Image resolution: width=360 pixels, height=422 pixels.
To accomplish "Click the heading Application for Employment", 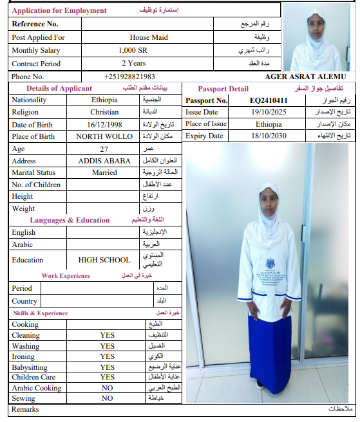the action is click(x=59, y=11).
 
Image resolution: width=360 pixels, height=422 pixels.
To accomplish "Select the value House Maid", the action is click(x=148, y=37).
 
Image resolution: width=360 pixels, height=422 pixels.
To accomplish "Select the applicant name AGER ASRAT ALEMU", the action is click(x=305, y=77).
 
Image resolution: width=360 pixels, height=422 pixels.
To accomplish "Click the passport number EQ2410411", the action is click(x=269, y=100).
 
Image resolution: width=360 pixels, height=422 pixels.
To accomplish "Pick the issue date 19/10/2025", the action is click(x=269, y=112).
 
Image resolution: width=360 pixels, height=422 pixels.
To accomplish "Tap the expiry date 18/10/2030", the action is click(x=269, y=136).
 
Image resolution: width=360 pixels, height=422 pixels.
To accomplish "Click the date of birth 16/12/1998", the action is click(x=104, y=124).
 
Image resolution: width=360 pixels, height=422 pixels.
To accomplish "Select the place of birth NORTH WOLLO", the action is click(x=104, y=136).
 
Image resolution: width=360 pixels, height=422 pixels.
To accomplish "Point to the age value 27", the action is click(x=104, y=149).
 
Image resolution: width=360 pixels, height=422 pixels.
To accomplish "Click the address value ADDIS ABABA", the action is click(x=104, y=161).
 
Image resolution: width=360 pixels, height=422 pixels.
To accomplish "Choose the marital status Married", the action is click(x=104, y=172).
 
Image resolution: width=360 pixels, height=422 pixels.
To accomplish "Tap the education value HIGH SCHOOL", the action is click(x=104, y=260).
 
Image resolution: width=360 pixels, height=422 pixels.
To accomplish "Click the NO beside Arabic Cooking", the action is click(x=108, y=388).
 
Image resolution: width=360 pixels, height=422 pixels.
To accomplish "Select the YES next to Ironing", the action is click(x=108, y=356).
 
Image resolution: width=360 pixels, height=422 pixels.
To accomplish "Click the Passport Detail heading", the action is click(x=223, y=89).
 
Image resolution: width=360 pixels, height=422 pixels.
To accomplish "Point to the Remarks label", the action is click(x=25, y=409).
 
